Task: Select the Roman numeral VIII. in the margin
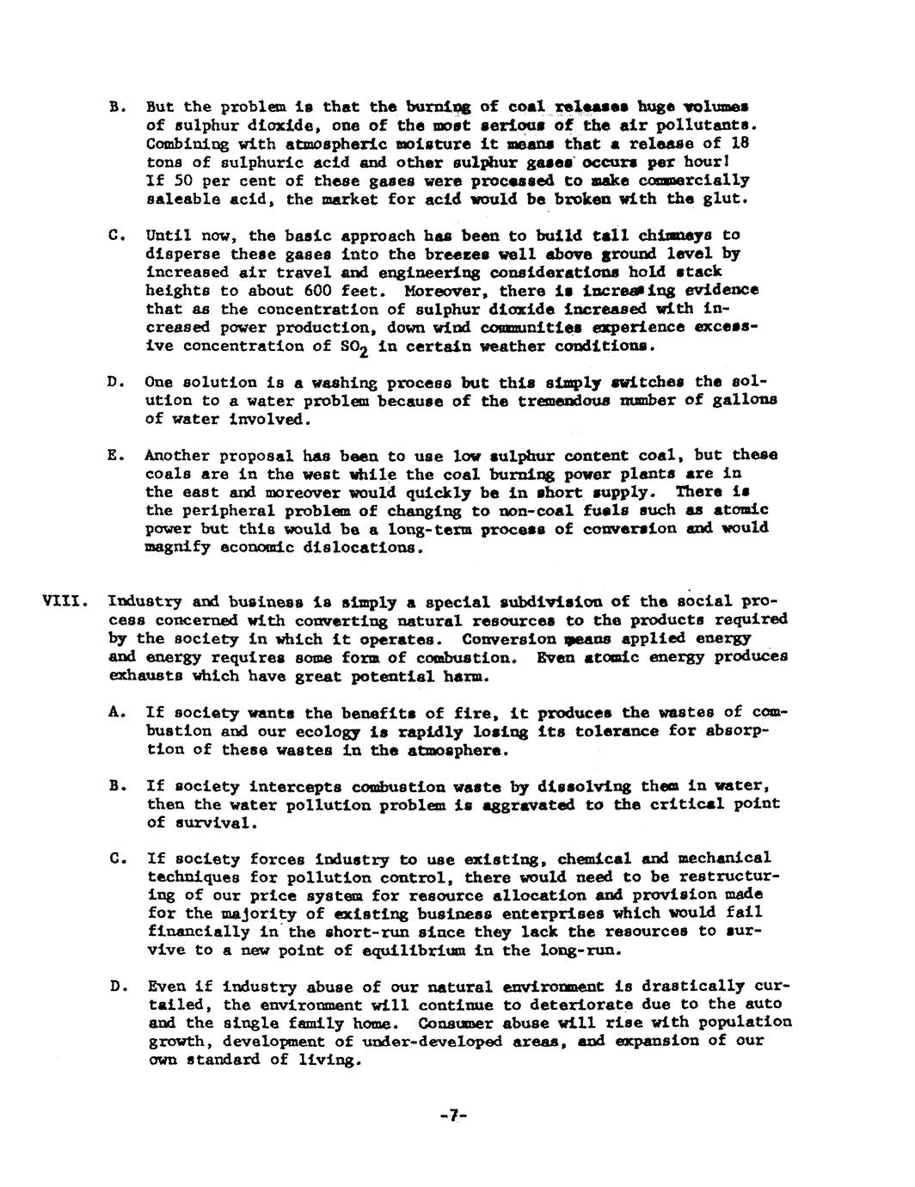[x=62, y=602]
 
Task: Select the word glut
[x=725, y=199]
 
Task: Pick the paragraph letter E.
[x=114, y=455]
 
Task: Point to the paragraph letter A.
[x=114, y=712]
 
